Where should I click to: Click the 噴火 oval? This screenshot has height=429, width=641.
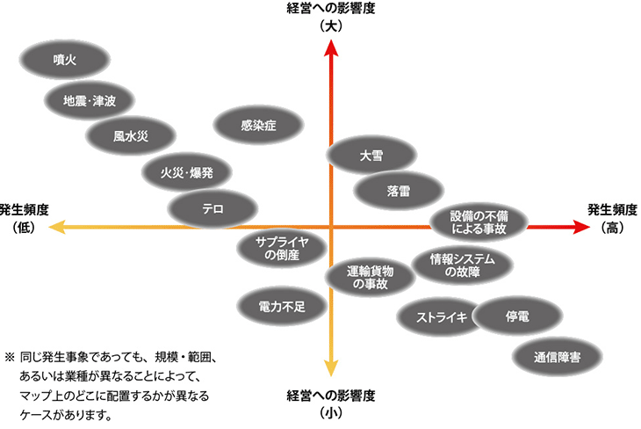(x=64, y=60)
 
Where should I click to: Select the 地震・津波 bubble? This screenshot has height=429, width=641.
(x=89, y=99)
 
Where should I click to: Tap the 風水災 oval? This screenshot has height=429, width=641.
(x=131, y=136)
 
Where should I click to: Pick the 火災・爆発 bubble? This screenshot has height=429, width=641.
(x=186, y=172)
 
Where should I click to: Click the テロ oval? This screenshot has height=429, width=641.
(x=212, y=208)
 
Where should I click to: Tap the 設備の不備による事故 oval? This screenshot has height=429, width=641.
(x=479, y=222)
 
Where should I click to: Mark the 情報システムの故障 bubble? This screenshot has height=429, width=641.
(x=462, y=265)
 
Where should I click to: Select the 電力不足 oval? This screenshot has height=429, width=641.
(x=282, y=306)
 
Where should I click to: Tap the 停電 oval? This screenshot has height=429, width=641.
(x=516, y=316)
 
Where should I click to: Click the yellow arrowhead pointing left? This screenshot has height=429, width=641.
(x=56, y=228)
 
